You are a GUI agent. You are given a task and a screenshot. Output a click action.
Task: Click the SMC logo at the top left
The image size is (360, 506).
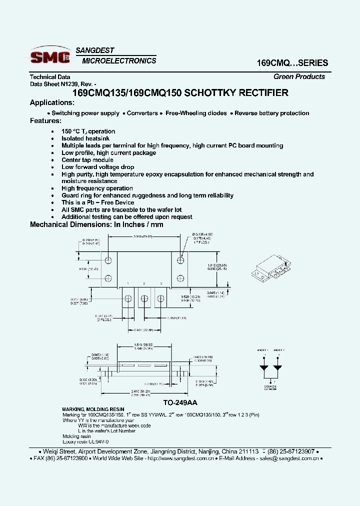(50, 56)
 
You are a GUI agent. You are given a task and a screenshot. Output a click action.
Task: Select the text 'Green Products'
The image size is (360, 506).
(299, 76)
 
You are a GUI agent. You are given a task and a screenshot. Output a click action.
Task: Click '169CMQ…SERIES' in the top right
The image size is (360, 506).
(292, 63)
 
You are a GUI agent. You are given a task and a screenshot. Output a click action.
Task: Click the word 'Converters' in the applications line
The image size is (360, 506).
(142, 113)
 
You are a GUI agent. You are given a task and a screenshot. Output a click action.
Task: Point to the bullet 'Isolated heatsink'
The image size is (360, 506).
(85, 138)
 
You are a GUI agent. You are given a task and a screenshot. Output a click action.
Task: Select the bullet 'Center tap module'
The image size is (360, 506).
(87, 160)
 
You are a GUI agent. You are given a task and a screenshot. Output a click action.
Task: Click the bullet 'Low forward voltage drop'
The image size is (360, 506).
(97, 167)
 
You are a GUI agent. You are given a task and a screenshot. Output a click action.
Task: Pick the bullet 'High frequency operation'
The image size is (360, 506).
(97, 188)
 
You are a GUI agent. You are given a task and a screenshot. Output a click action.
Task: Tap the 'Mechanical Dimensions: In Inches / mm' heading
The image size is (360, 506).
(96, 224)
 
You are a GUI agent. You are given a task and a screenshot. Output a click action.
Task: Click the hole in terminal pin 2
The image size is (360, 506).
(144, 298)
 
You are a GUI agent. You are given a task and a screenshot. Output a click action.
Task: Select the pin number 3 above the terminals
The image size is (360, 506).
(161, 283)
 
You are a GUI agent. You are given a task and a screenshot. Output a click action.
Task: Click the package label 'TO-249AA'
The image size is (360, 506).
(180, 401)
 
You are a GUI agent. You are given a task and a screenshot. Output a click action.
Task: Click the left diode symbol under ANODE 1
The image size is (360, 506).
(262, 367)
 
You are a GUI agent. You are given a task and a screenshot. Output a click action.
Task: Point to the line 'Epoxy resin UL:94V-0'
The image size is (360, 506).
(85, 442)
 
